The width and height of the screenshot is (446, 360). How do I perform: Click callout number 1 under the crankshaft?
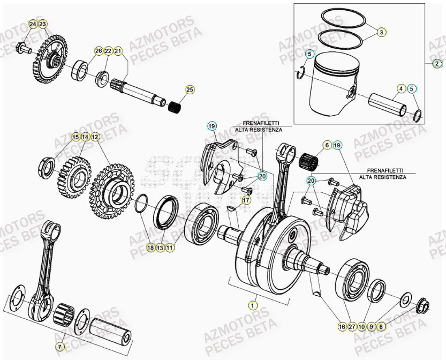[x=252, y=305]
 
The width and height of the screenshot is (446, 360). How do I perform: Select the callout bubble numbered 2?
[x=438, y=63]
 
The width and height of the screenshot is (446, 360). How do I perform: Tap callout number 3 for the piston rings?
[x=381, y=32]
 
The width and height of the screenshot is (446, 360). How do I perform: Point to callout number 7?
[x=60, y=347]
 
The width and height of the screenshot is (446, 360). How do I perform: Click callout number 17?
[x=246, y=200]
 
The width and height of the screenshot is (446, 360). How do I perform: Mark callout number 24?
[x=33, y=25]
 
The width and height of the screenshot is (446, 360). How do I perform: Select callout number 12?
[x=95, y=137]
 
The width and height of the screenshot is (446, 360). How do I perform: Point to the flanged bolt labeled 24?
[x=22, y=49]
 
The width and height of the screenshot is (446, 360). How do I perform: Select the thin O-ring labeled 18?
[x=141, y=204]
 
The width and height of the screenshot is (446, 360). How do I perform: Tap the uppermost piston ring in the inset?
[x=343, y=21]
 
